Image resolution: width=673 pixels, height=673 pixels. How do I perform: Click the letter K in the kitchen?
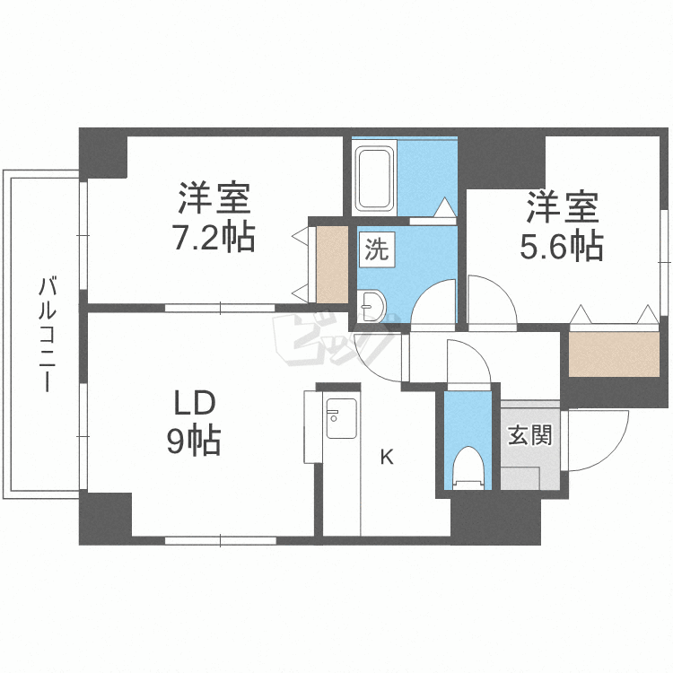coord(387,458)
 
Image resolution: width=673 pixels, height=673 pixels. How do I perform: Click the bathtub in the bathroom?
coord(373,178)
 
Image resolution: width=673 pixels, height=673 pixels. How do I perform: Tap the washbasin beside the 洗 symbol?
coord(371,306)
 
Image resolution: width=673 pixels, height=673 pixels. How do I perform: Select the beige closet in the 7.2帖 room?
coord(331,265)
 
